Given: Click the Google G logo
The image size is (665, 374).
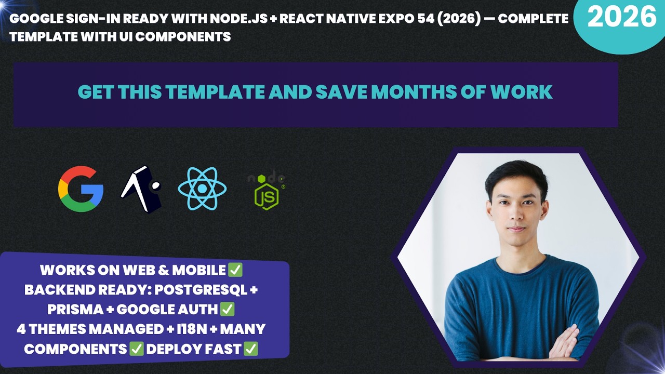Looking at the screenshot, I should [x=81, y=189].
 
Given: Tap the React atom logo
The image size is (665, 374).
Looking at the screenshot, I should [x=202, y=189].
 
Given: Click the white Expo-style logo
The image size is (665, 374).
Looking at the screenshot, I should [x=141, y=189].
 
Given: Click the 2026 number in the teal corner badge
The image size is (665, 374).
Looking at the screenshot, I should [x=622, y=18].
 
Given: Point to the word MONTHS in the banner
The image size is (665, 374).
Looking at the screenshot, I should [x=405, y=92].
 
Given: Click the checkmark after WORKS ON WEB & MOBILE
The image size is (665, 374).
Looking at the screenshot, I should [x=235, y=270].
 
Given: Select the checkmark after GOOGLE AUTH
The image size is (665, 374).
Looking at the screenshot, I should [x=228, y=310].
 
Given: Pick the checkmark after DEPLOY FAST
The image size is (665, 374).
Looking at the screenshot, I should [x=251, y=349].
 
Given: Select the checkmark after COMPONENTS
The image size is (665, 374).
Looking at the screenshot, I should [x=137, y=349].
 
